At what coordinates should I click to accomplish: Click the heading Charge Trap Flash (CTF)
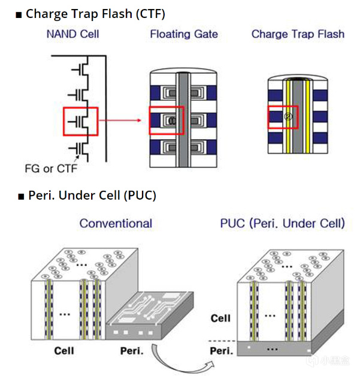pyautogui.click(x=95, y=13)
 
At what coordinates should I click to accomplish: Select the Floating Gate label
pyautogui.click(x=183, y=34)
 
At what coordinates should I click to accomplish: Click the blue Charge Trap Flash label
pyautogui.click(x=298, y=34)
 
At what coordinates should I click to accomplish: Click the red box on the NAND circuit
pyautogui.click(x=80, y=121)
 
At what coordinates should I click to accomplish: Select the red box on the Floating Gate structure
pyautogui.click(x=165, y=121)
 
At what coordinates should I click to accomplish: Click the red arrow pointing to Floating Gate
pyautogui.click(x=123, y=121)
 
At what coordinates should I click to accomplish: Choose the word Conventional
pyautogui.click(x=116, y=224)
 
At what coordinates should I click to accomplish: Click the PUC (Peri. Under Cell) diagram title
pyautogui.click(x=282, y=224)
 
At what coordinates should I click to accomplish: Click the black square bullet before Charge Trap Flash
pyautogui.click(x=19, y=13)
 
